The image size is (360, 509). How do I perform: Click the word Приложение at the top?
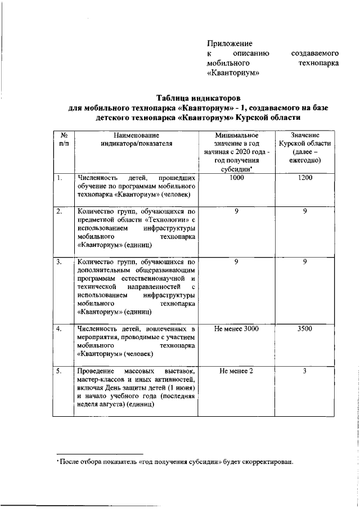[x=229, y=43]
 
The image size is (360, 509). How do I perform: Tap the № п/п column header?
[x=64, y=139]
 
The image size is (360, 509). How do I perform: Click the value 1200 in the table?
[x=305, y=178]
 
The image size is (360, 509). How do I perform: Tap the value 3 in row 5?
[x=305, y=372]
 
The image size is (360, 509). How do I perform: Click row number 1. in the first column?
[x=59, y=178]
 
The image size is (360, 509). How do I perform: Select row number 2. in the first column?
[x=59, y=212]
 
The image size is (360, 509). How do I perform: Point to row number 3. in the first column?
[x=59, y=262]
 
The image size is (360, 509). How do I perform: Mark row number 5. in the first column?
[x=59, y=372]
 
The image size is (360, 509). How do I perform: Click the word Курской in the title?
[x=258, y=118]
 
